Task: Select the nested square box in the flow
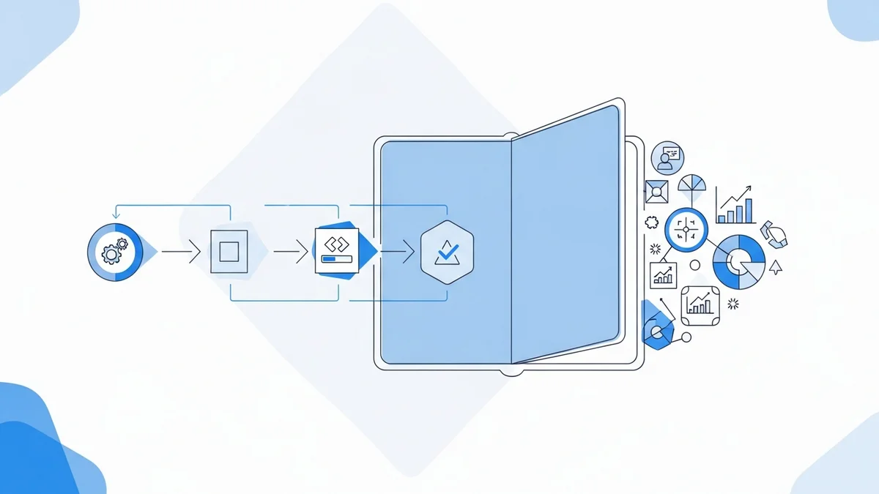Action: coord(229,252)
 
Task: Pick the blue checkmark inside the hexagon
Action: coord(446,253)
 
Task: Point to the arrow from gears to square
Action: coord(181,252)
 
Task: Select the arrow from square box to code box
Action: coord(291,252)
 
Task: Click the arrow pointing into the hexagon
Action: coord(398,252)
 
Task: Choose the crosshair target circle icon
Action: coord(686,229)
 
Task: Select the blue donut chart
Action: coord(738,262)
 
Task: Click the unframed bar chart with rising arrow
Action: coord(736,206)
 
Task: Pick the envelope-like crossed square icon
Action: coord(657,192)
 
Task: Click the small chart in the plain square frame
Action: coord(664,275)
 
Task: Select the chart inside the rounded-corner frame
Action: coord(700,304)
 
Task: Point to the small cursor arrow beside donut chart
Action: coord(776,267)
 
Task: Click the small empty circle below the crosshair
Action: coord(695,265)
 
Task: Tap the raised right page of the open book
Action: coord(564,234)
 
